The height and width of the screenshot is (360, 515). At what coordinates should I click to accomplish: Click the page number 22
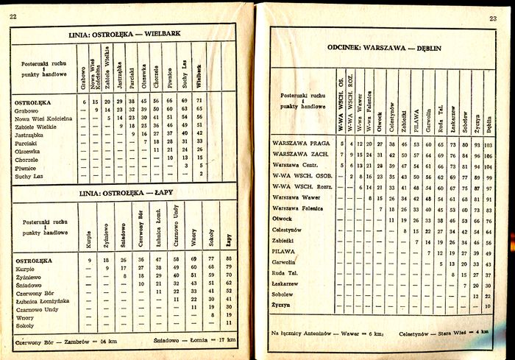(x=13, y=15)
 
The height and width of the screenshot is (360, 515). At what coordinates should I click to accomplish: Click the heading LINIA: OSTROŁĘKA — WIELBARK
(x=124, y=34)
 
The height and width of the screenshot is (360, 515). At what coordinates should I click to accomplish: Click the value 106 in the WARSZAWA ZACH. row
(x=489, y=155)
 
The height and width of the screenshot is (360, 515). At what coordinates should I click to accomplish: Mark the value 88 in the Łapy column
(x=229, y=260)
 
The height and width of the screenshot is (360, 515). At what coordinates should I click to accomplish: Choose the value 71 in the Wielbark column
(x=199, y=100)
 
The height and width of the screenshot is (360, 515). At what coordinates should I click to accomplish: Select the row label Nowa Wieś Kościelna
(x=43, y=118)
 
